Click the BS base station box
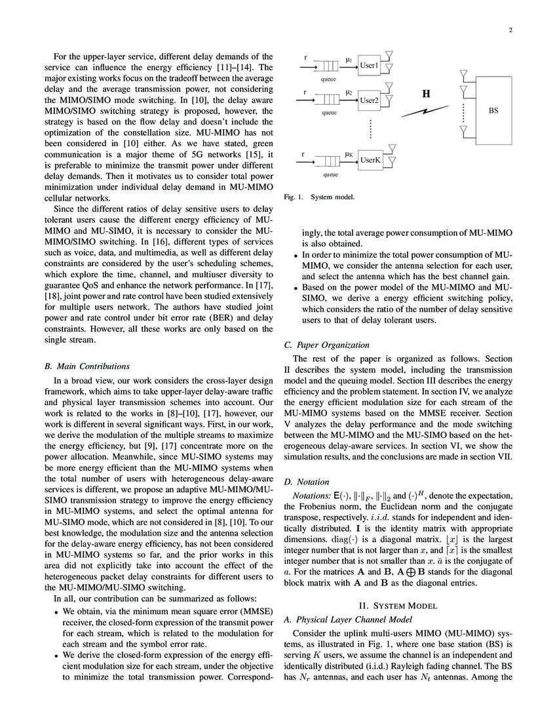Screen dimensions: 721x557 pyautogui.click(x=493, y=111)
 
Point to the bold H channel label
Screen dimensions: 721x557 pyautogui.click(x=425, y=94)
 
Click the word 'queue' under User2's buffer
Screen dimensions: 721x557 pyautogui.click(x=329, y=113)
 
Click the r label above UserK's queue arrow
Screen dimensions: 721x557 pyautogui.click(x=305, y=153)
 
